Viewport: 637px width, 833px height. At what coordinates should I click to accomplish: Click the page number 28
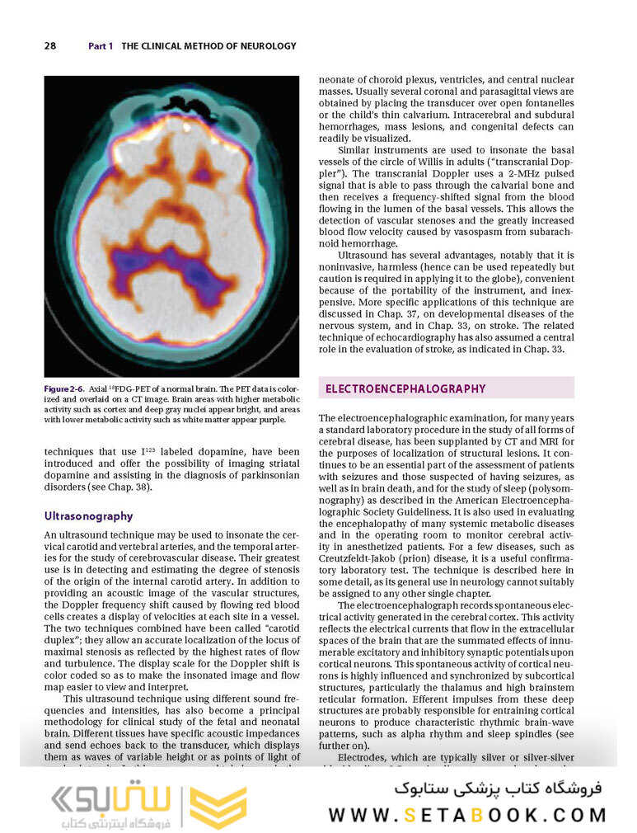(x=49, y=46)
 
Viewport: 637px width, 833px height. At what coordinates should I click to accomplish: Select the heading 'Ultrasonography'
(x=88, y=516)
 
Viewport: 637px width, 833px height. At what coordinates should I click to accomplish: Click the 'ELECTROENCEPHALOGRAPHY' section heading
(x=405, y=388)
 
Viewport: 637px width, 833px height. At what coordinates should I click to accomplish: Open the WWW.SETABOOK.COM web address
(x=467, y=815)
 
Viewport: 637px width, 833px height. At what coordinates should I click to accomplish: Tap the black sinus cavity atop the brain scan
(x=176, y=103)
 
